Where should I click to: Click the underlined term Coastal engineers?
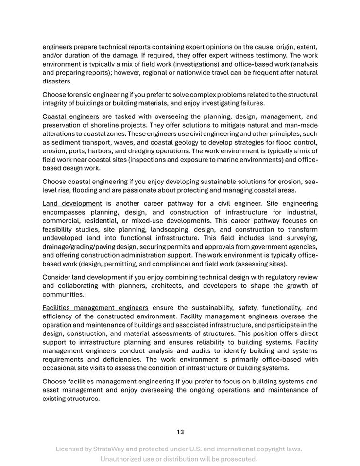(x=70, y=116)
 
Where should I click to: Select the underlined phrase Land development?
(x=72, y=203)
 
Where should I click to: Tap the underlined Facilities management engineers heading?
(x=95, y=307)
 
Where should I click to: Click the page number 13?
(x=180, y=432)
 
